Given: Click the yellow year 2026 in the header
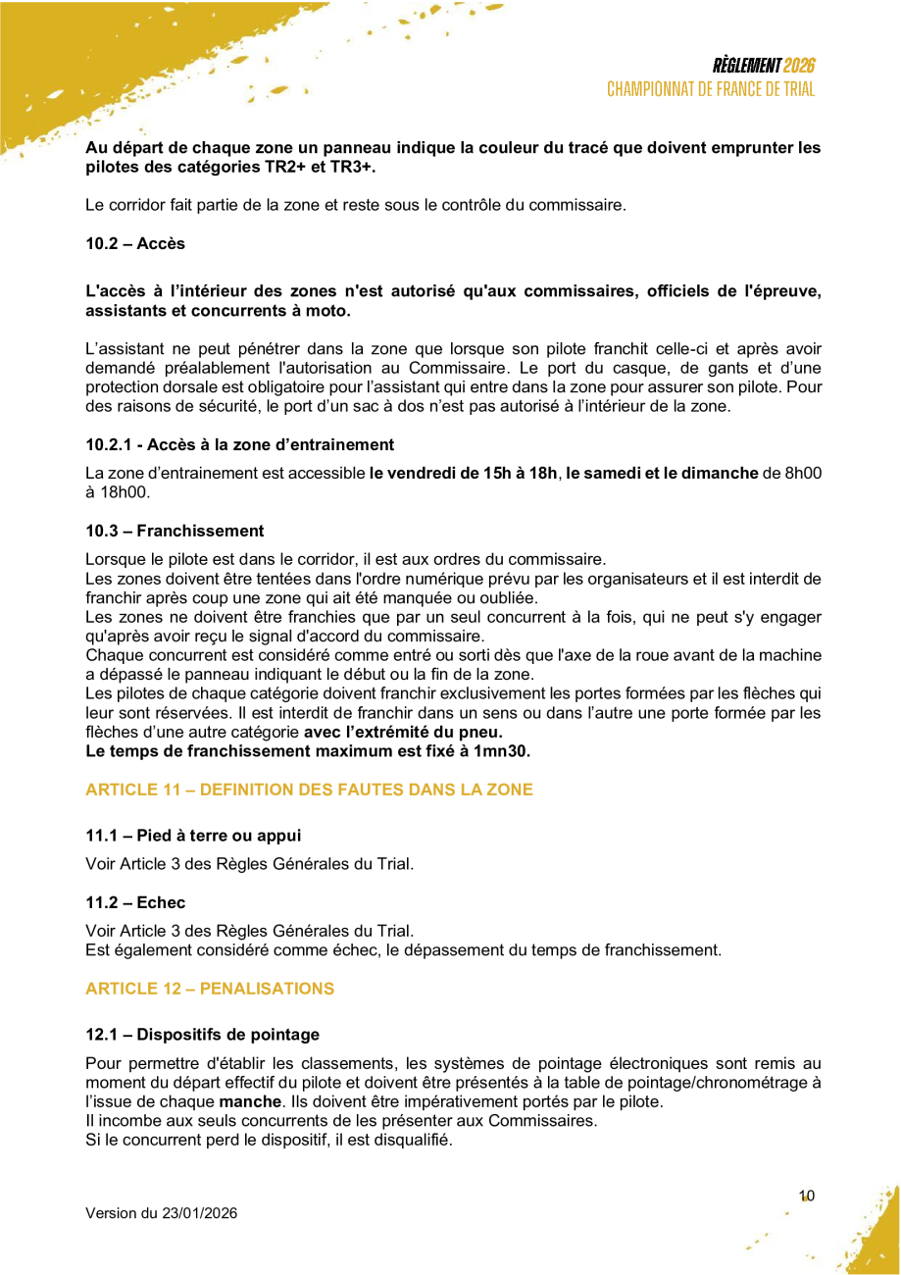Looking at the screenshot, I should click(x=799, y=66).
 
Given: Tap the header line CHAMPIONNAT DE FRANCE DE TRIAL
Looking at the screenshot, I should click(x=711, y=89).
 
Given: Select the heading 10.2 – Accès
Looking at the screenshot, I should click(x=135, y=243).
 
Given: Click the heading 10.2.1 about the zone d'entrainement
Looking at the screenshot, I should click(x=239, y=444).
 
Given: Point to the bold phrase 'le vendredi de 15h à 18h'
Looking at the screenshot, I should click(x=463, y=474).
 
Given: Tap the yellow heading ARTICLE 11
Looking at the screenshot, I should click(x=309, y=790).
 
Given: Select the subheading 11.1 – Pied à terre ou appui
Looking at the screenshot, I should click(x=193, y=836).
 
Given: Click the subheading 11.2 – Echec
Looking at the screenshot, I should click(x=135, y=902).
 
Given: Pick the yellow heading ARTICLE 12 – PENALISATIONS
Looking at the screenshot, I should click(x=210, y=989).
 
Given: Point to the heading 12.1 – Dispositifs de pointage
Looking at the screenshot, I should click(x=202, y=1034).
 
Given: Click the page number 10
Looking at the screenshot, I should click(x=807, y=1196).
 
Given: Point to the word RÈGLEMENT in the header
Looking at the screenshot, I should click(x=747, y=66).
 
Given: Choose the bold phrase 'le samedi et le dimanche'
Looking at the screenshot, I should click(x=662, y=474).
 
